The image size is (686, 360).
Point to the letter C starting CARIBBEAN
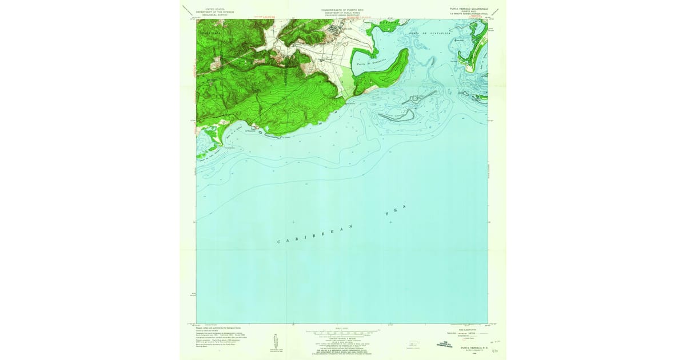pos(280,243)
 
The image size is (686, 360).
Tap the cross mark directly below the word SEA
pos(390,222)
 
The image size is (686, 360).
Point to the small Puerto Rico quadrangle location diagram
pos(412,345)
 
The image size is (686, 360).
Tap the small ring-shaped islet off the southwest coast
pos(261,134)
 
